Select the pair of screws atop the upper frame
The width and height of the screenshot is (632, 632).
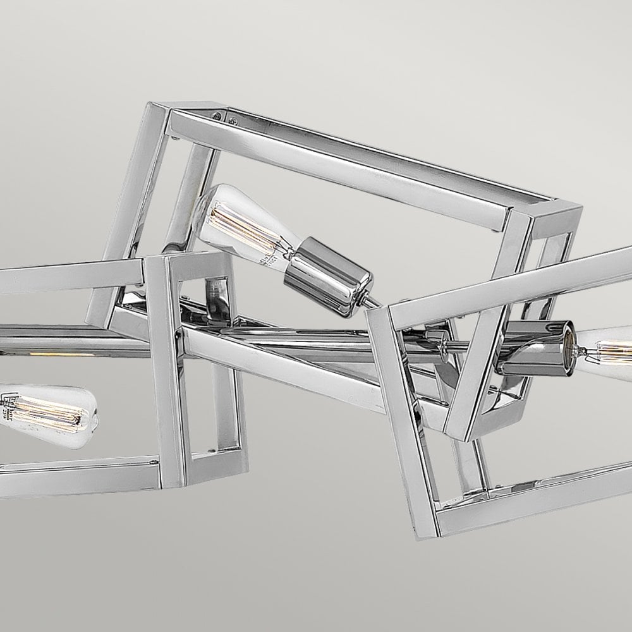point(224,117)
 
